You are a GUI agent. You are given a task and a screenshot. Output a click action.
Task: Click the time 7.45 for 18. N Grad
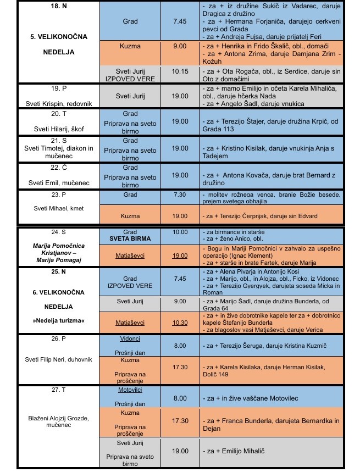coord(179,21)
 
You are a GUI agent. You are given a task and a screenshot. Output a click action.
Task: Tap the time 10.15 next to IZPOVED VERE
coord(179,71)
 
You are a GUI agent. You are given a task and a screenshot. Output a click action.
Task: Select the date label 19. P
coord(59,88)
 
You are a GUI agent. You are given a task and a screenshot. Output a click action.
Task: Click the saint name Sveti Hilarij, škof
coord(59,125)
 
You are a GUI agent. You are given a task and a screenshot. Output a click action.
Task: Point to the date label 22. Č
coord(59,167)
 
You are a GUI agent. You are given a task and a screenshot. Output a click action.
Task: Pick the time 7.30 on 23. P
coord(179,195)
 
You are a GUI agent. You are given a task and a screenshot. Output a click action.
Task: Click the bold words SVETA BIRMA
coord(130,240)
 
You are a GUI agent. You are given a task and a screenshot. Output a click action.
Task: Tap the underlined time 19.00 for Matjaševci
coord(179,256)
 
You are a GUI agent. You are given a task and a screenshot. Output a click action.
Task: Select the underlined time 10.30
coord(179,323)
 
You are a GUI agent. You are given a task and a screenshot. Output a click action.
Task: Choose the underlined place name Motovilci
coord(130,389)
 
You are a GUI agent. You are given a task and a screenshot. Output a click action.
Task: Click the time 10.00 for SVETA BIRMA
coord(179,232)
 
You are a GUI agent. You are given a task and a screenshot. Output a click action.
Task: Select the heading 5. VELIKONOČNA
coord(59,37)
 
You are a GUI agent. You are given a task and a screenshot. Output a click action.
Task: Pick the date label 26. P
coord(59,339)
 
